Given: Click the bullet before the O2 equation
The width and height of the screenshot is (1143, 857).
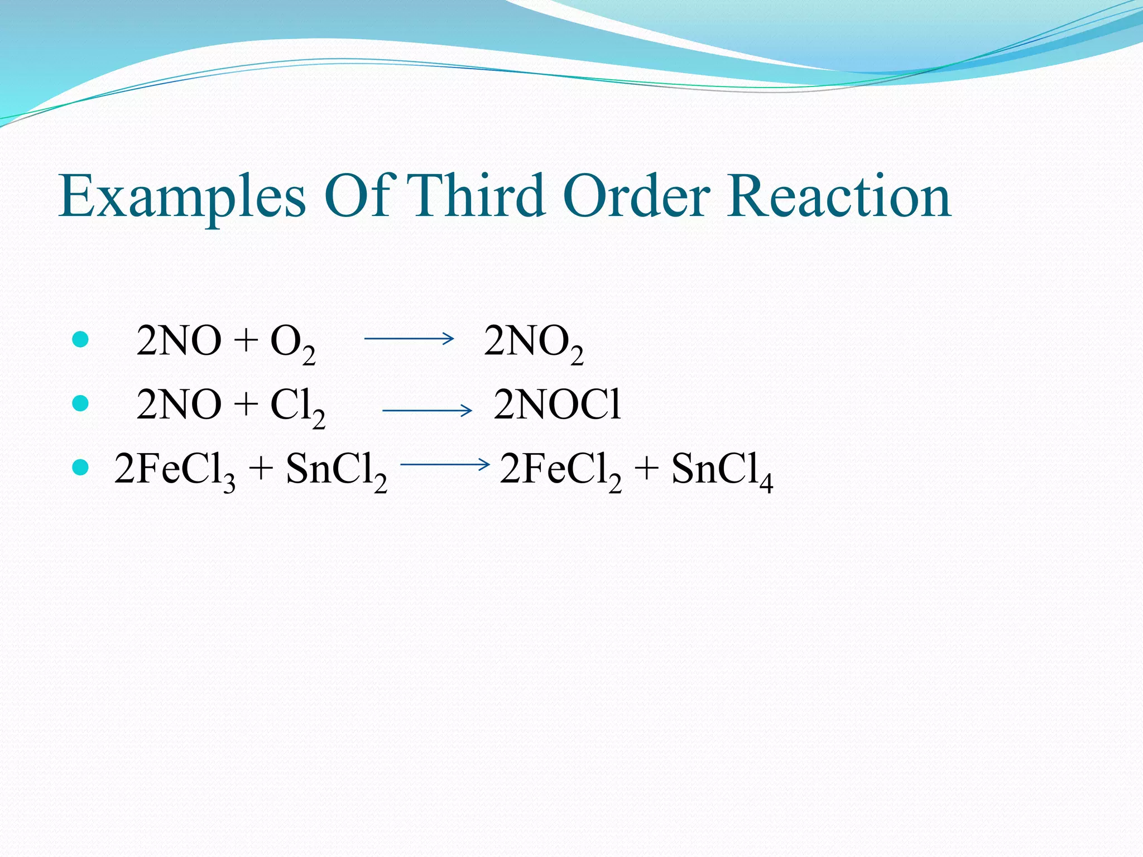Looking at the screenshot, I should pyautogui.click(x=81, y=339).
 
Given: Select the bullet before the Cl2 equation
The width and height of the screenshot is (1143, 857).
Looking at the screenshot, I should pyautogui.click(x=81, y=403).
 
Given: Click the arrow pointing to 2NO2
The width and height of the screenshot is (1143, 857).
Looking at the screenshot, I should pyautogui.click(x=409, y=338).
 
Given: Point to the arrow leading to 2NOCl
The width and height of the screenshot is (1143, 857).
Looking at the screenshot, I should pyautogui.click(x=428, y=411).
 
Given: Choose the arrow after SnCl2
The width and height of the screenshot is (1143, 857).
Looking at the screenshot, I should pyautogui.click(x=445, y=464).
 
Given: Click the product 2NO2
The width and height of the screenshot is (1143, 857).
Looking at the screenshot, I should pyautogui.click(x=533, y=343).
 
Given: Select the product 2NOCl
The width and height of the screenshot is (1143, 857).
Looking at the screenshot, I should pyautogui.click(x=557, y=405).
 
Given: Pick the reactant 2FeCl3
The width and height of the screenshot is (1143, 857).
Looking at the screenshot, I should pyautogui.click(x=175, y=470).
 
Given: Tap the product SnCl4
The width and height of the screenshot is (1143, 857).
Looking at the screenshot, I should pyautogui.click(x=722, y=470).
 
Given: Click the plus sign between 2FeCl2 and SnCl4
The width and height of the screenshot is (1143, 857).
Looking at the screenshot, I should pyautogui.click(x=646, y=469).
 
